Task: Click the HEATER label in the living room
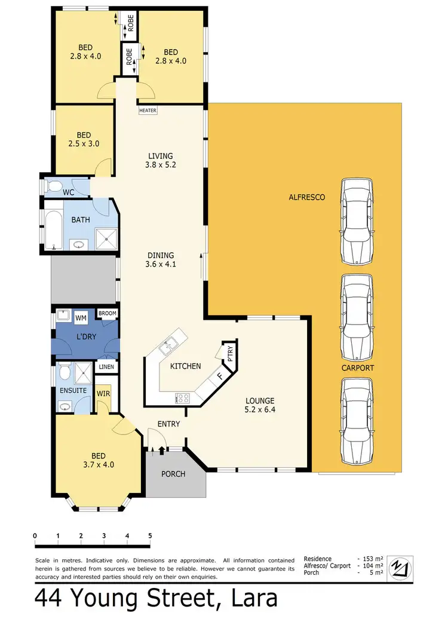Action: click(147, 111)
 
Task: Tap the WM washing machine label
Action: click(81, 317)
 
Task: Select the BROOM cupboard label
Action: click(108, 313)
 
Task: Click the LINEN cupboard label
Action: click(108, 367)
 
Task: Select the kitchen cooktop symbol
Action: click(182, 397)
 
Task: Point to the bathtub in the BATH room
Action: click(54, 230)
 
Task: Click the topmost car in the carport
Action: click(358, 222)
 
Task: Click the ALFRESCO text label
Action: click(306, 197)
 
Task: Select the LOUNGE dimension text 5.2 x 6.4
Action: click(259, 410)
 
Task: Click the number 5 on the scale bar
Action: click(150, 535)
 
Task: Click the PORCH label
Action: click(174, 474)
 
